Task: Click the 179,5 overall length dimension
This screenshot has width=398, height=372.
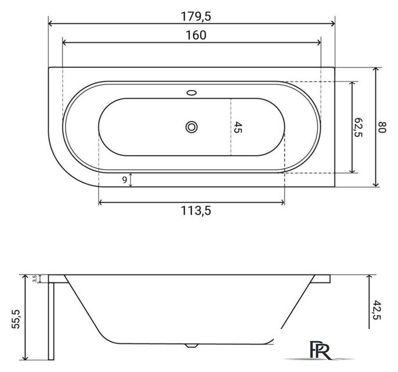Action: coord(196,17)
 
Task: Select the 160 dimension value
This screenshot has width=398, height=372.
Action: coord(196,35)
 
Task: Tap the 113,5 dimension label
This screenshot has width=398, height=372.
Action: coord(196,211)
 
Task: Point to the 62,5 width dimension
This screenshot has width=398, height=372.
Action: coord(358,127)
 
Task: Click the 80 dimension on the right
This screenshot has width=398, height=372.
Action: coord(382,127)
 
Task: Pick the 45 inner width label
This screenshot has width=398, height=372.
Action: coord(238,127)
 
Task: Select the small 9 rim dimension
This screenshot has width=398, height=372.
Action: coord(124,180)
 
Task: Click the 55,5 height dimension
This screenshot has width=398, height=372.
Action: coord(16,319)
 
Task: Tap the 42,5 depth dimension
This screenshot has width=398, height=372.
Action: coord(377,310)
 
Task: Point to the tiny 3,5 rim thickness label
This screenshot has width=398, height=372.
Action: coord(35,278)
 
